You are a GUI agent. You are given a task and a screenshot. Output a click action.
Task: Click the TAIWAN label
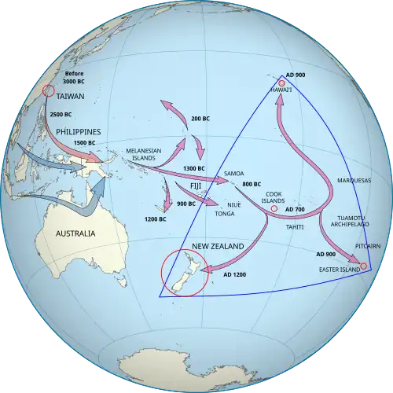pyautogui.click(x=72, y=97)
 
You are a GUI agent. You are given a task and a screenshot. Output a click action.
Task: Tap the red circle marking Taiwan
pyautogui.click(x=48, y=91)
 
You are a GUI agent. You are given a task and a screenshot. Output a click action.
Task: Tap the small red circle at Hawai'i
pyautogui.click(x=281, y=83)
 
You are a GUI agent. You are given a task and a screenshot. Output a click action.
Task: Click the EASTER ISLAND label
pyautogui.click(x=337, y=270)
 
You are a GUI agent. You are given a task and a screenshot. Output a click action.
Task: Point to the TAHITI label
pyautogui.click(x=296, y=226)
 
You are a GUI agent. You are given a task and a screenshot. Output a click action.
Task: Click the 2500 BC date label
pyautogui.click(x=61, y=116)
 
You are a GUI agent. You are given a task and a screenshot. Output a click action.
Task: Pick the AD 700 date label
pyautogui.click(x=296, y=209)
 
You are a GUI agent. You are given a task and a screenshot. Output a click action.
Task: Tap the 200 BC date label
pyautogui.click(x=200, y=118)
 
